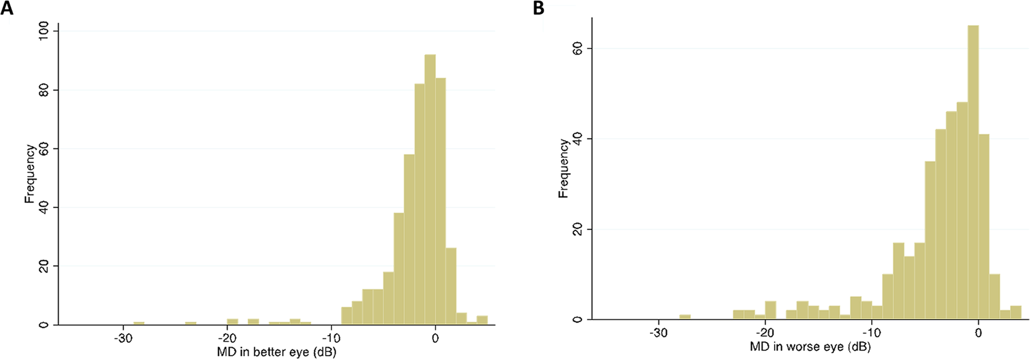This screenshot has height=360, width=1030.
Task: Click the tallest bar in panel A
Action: (x=430, y=189)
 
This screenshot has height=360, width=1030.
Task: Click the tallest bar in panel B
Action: (x=973, y=174)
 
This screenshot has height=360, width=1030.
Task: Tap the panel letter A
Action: (x=7, y=8)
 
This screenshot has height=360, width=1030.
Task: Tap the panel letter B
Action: (x=538, y=8)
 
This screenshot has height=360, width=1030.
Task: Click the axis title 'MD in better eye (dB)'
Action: (x=276, y=352)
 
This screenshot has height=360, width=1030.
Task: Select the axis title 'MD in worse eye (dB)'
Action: (x=810, y=347)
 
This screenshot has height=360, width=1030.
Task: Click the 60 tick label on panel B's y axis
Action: (x=578, y=49)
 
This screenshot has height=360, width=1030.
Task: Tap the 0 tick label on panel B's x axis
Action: (x=978, y=333)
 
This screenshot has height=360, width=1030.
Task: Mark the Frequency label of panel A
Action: (x=30, y=174)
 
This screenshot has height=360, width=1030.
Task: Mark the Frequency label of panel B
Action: (x=563, y=169)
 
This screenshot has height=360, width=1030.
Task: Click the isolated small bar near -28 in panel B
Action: (x=685, y=317)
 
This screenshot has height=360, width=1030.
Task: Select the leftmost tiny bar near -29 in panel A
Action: (x=139, y=323)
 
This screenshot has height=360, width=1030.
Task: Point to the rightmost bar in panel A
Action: (x=482, y=320)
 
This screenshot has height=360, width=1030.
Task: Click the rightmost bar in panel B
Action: (x=1016, y=313)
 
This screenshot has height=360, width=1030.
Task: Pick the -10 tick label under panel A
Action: (x=331, y=338)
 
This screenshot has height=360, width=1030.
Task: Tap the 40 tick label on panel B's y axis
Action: (x=578, y=139)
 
